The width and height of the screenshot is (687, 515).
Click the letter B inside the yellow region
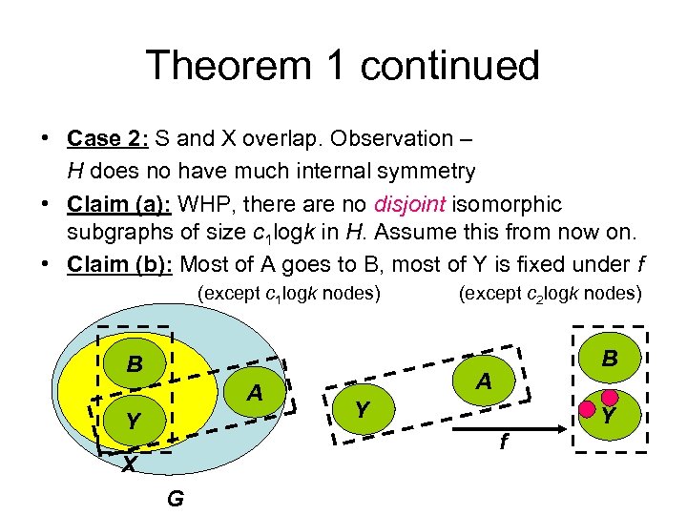pos(135,365)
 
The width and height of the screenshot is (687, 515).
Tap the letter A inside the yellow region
pos(254,393)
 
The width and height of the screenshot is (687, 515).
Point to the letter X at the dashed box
pos(127,463)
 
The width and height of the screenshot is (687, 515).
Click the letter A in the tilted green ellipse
pos(484,381)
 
